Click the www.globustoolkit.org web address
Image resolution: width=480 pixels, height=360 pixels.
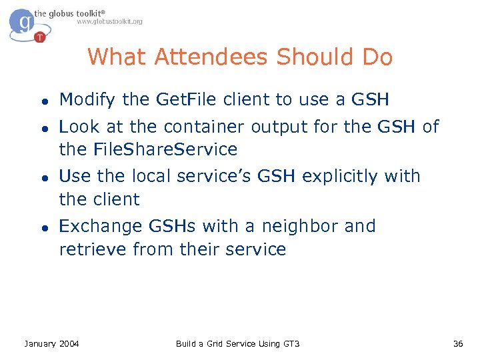[x=109, y=22]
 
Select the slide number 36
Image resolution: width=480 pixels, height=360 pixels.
[x=458, y=343]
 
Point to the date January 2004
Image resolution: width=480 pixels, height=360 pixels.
[x=51, y=343]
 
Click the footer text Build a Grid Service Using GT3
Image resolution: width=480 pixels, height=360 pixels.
[x=238, y=343]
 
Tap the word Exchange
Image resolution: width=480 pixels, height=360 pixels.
[x=100, y=226]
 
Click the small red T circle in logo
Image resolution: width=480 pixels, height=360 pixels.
[x=41, y=37]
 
